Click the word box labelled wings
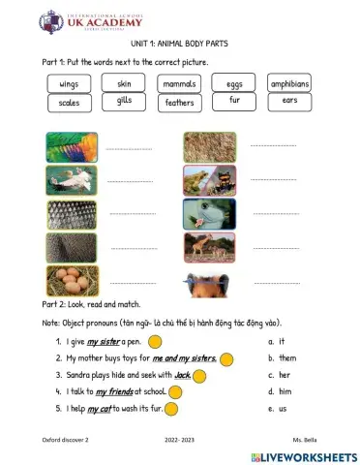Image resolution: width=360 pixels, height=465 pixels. click(69, 84)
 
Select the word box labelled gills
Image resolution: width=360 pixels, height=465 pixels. click(124, 101)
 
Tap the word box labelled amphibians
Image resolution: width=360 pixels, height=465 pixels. click(289, 84)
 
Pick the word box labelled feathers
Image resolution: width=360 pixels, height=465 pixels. click(179, 102)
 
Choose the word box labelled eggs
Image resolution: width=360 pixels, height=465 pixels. click(234, 84)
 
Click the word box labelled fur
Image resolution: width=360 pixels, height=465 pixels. click(234, 100)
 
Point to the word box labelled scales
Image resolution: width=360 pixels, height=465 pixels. click(69, 102)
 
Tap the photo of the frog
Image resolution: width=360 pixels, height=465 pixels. click(210, 181)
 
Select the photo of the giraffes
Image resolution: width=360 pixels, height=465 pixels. click(210, 247)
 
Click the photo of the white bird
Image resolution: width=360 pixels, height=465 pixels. click(72, 181)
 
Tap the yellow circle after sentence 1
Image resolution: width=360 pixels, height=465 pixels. click(154, 341)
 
